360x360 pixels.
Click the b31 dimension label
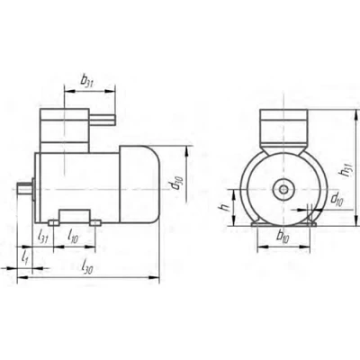(x=87, y=80)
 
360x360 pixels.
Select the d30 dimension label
(x=176, y=184)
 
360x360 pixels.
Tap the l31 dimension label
(x=42, y=237)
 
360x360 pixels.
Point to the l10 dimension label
(x=73, y=237)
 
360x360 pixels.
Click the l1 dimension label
(x=25, y=257)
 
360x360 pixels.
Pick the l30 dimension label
(x=87, y=266)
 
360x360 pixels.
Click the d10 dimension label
(x=337, y=199)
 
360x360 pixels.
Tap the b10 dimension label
(x=283, y=237)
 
